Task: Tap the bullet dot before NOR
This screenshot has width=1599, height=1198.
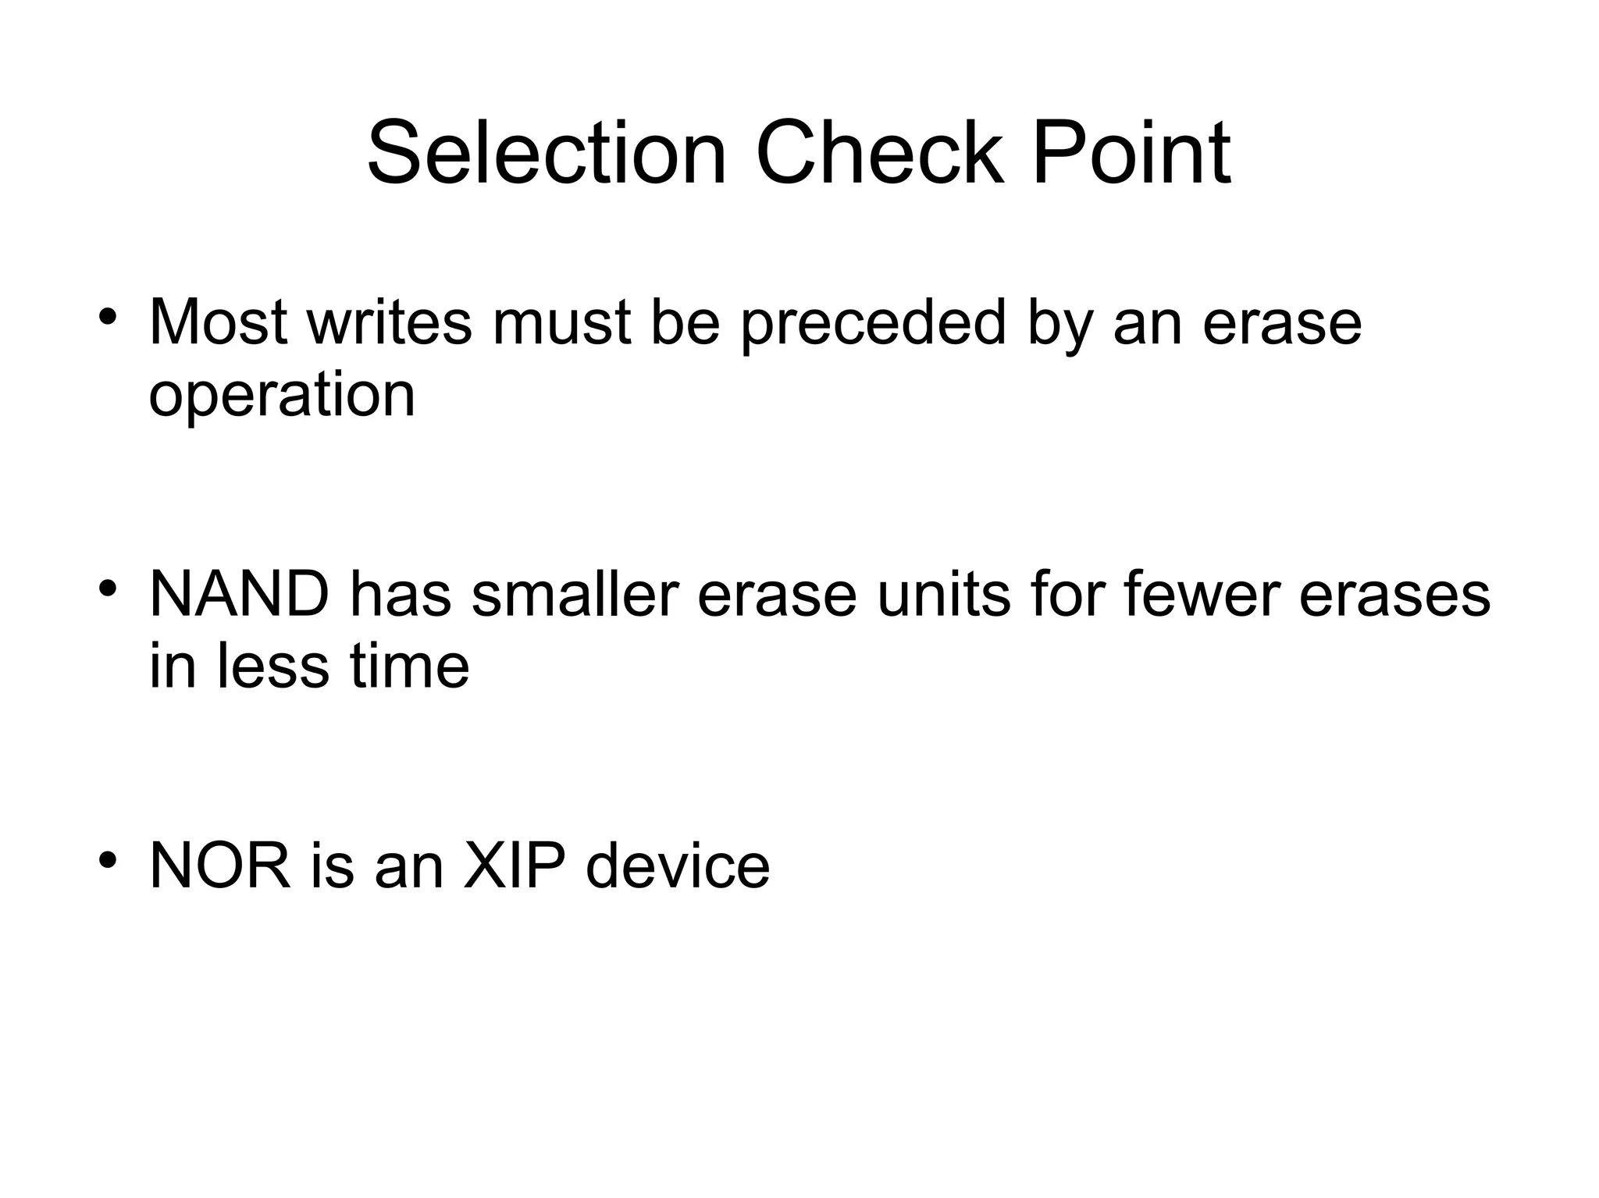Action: (x=108, y=859)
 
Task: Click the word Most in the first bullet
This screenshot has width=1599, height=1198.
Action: (x=218, y=322)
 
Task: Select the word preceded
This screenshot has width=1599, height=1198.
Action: (x=873, y=322)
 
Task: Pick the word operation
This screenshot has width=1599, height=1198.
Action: (x=281, y=396)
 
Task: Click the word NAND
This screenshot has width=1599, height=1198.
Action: (x=239, y=595)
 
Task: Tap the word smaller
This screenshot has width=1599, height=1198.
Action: (x=575, y=595)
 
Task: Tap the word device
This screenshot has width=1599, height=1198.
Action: (x=678, y=866)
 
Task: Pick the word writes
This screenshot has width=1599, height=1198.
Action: (x=390, y=322)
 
